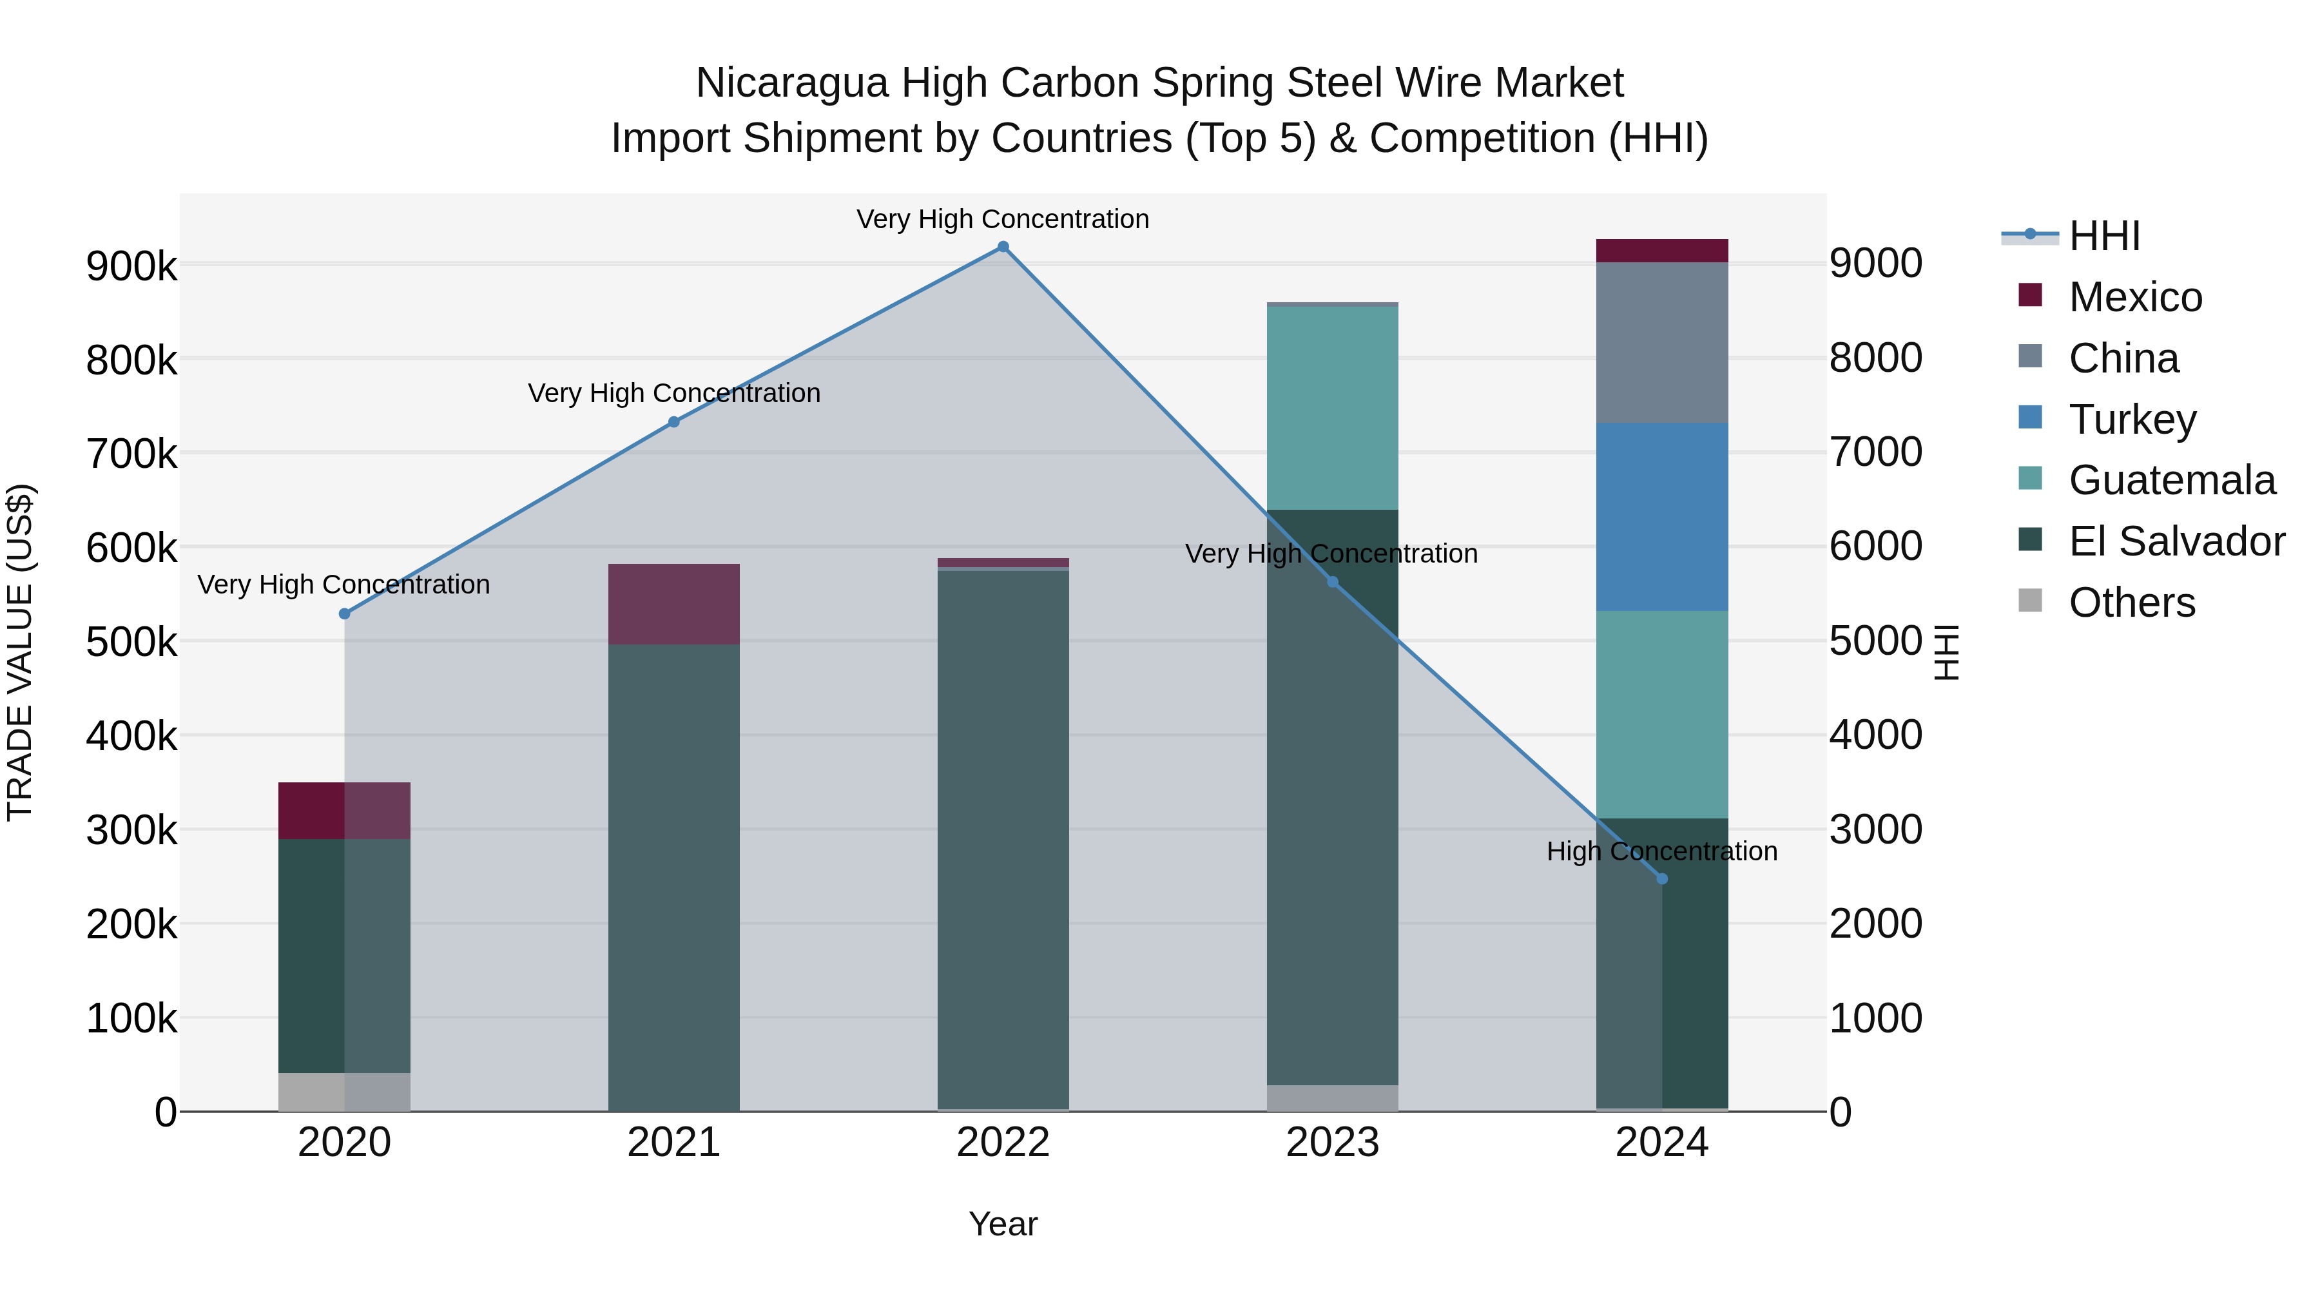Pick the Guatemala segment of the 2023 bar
[x=1332, y=408]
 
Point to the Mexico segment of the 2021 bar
[x=673, y=603]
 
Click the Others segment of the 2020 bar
[x=344, y=1092]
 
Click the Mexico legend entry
[x=2134, y=297]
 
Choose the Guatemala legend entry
[x=2170, y=480]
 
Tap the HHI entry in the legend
[x=2104, y=236]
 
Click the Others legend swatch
[x=2030, y=601]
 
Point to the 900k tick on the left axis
[x=131, y=267]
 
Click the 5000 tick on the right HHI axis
[x=1875, y=641]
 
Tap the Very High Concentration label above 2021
[x=673, y=394]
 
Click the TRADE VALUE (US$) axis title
[x=20, y=652]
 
